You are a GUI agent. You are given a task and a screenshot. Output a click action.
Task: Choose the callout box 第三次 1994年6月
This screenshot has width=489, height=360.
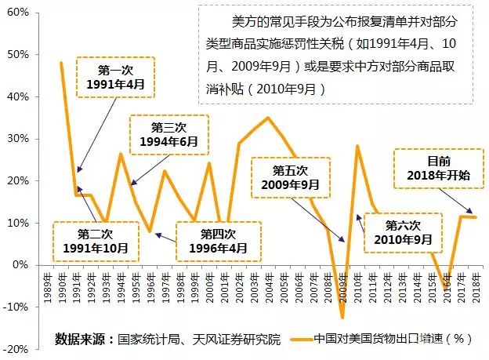(x=168, y=135)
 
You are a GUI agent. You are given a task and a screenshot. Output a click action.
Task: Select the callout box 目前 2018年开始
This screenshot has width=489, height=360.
(x=438, y=169)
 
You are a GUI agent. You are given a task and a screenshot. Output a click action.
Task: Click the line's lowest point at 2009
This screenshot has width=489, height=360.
(x=342, y=317)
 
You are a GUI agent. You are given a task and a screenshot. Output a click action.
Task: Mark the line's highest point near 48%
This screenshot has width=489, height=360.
(x=61, y=63)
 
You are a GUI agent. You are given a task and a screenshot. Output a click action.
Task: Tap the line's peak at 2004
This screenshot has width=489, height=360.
(x=268, y=118)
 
